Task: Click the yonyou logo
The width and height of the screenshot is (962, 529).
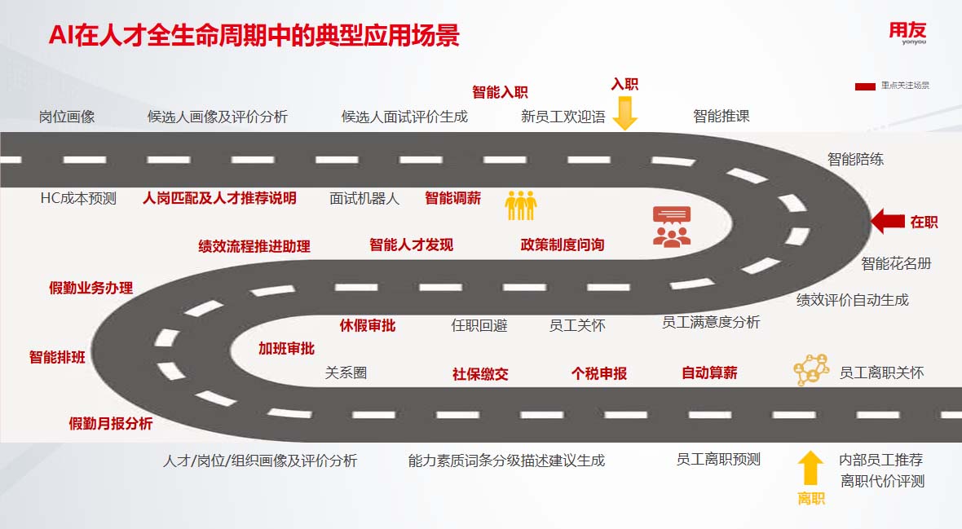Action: [x=907, y=33]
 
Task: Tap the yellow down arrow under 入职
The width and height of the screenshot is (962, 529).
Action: [x=624, y=113]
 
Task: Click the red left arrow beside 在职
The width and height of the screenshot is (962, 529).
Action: [x=888, y=221]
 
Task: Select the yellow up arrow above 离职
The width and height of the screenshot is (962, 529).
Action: [x=810, y=469]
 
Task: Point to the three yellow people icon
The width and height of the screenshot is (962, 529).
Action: [x=521, y=205]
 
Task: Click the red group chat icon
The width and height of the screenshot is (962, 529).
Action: [x=672, y=226]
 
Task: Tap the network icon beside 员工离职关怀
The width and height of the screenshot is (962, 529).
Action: [x=811, y=370]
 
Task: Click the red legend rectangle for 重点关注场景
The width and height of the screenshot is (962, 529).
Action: [x=865, y=86]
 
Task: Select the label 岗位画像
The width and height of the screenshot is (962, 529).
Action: [x=67, y=117]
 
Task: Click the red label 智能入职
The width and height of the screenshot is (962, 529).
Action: [x=500, y=92]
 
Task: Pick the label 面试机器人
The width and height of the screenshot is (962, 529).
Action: [x=364, y=198]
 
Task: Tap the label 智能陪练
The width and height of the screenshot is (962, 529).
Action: [x=855, y=160]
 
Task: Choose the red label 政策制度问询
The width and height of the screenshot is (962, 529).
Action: [x=563, y=245]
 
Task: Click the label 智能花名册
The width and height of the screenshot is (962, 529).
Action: [x=896, y=263]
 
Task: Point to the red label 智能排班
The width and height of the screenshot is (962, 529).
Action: [x=57, y=357]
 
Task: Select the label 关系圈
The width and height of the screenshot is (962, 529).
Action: [x=346, y=373]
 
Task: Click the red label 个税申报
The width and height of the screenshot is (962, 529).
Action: [x=599, y=373]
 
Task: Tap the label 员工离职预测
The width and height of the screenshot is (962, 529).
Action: [x=718, y=460]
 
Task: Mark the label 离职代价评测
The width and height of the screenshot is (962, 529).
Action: [x=883, y=481]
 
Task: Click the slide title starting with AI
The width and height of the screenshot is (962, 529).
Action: [x=254, y=36]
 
